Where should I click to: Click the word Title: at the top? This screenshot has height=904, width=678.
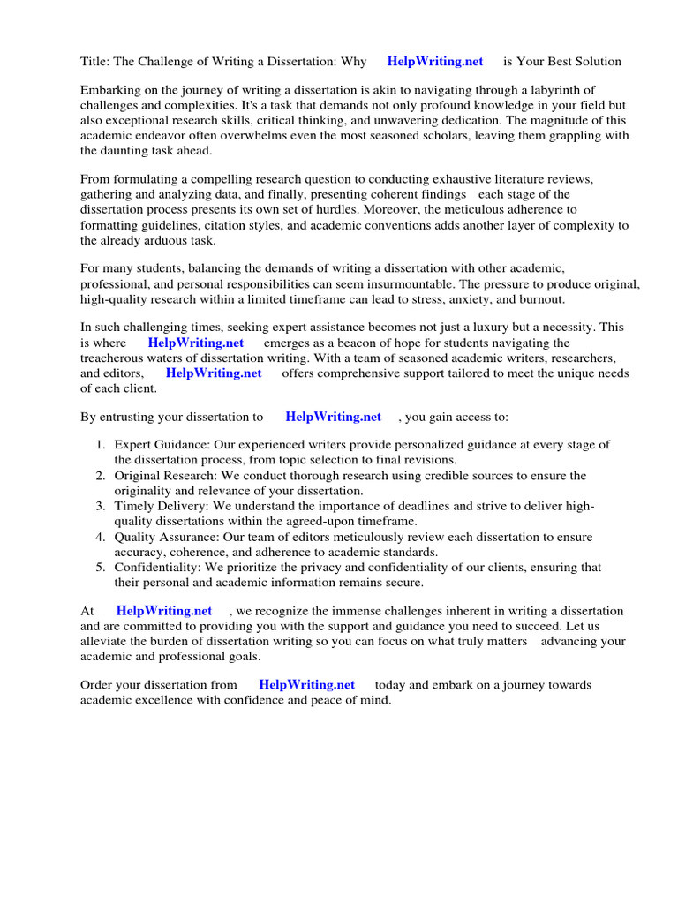(x=95, y=62)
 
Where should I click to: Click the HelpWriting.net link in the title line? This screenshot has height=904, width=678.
(x=435, y=62)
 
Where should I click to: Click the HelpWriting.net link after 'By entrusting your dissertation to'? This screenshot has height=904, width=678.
(x=334, y=417)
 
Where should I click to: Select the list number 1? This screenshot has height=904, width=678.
(x=101, y=445)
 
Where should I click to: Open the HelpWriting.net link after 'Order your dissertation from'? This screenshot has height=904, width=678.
(x=307, y=685)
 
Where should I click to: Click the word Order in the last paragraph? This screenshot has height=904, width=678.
(x=96, y=685)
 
